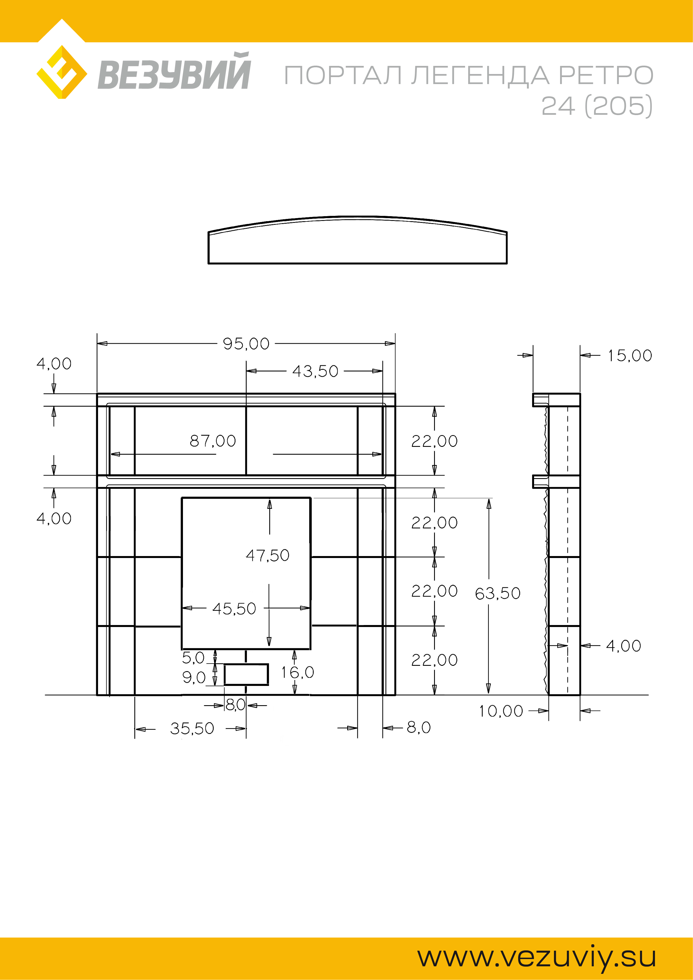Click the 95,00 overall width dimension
tap(246, 344)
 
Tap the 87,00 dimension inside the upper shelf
tap(213, 441)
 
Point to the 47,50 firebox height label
tap(268, 555)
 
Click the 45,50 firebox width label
tap(234, 609)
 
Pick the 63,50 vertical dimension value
tap(498, 593)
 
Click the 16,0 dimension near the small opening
tap(297, 673)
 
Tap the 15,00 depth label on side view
tap(630, 356)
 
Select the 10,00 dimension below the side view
tap(501, 711)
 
